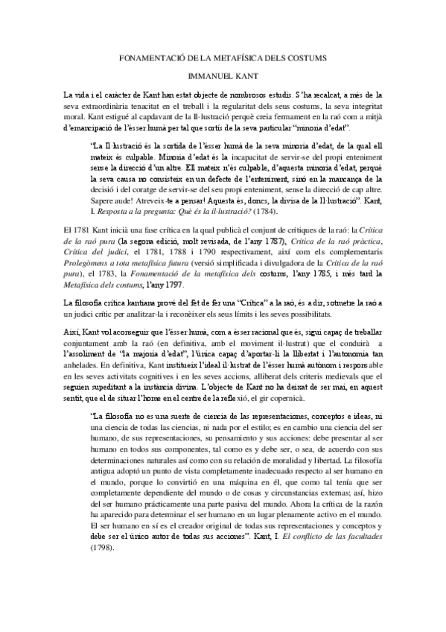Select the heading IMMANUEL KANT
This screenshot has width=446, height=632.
[223, 77]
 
